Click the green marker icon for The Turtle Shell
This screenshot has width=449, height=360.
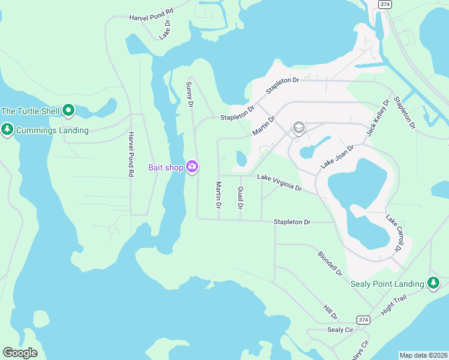tap(68, 110)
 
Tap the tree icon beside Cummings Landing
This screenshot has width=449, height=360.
tap(7, 130)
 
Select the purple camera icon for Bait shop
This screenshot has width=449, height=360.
tap(192, 167)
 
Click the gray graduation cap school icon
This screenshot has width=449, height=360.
tap(298, 128)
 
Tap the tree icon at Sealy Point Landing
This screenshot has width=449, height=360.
tap(434, 283)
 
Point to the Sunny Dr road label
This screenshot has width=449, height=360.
tap(189, 94)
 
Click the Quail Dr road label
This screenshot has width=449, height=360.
tap(240, 197)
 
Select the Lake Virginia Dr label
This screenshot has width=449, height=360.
tap(279, 182)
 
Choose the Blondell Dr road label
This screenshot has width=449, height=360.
tap(330, 263)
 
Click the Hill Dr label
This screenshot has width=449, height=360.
tap(331, 311)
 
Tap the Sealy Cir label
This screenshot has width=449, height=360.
tap(340, 330)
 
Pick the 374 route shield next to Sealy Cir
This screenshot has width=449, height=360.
tap(363, 320)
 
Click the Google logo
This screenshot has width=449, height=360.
tap(20, 353)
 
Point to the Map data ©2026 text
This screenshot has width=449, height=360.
tap(423, 355)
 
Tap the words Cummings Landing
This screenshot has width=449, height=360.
tap(52, 130)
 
